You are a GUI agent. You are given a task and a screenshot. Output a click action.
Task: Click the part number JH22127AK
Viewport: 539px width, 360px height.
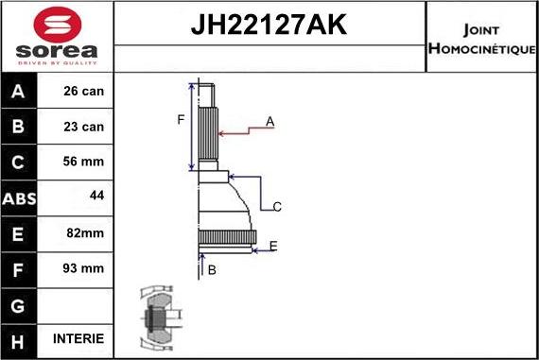click(x=269, y=26)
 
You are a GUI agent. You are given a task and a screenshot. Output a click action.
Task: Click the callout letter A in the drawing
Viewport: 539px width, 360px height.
click(x=269, y=121)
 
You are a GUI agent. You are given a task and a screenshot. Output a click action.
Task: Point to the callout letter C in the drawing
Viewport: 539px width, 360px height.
click(x=277, y=206)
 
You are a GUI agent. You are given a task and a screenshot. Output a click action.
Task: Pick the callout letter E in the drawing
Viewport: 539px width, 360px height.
click(x=272, y=246)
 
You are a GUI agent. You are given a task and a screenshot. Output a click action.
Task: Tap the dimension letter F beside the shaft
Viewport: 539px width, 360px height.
click(x=180, y=119)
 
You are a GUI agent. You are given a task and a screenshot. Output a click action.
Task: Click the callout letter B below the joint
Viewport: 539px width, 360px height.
click(x=212, y=270)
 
